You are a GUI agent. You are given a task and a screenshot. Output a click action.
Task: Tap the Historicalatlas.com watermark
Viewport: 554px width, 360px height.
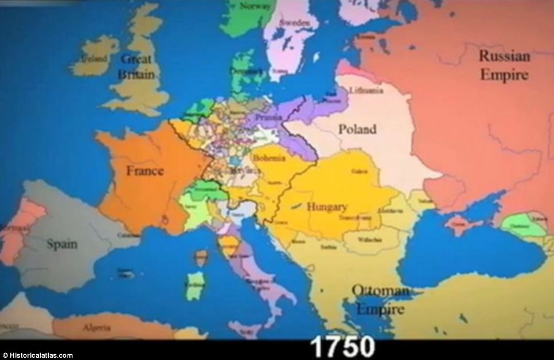(x=37, y=355)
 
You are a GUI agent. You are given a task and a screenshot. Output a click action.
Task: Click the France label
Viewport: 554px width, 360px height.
(x=145, y=171)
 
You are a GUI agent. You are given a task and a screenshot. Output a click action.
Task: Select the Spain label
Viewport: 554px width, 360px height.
(x=62, y=244)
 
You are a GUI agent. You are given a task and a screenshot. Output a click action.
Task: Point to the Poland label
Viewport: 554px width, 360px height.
(x=357, y=129)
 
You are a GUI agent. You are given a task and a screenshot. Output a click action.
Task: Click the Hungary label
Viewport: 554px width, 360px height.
(x=327, y=207)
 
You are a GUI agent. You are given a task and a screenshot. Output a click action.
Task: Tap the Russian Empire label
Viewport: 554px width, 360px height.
(x=504, y=65)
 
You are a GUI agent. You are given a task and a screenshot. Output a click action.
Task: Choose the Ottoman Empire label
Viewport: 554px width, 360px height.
(x=380, y=300)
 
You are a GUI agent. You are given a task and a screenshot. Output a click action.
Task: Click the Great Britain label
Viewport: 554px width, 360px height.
(x=136, y=66)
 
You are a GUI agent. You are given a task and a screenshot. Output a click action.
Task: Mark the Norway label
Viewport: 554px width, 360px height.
(x=255, y=6)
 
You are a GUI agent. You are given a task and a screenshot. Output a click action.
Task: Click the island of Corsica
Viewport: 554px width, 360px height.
(x=200, y=257)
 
